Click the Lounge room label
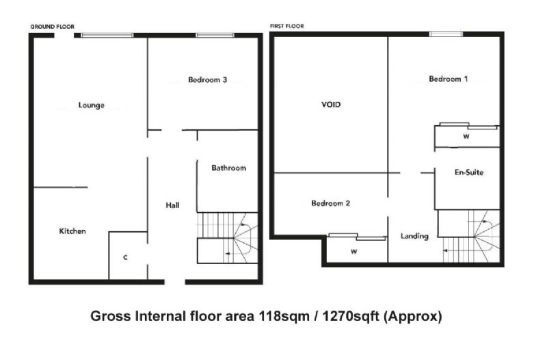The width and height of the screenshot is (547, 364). pyautogui.click(x=92, y=105)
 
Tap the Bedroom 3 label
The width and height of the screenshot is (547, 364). pyautogui.click(x=208, y=79)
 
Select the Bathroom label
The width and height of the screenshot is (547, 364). pyautogui.click(x=229, y=168)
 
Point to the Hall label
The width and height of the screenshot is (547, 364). pyautogui.click(x=173, y=205)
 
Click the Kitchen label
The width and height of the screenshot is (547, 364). pyautogui.click(x=72, y=231)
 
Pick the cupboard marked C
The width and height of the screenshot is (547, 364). pyautogui.click(x=125, y=257)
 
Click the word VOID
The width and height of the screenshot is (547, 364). pyautogui.click(x=331, y=105)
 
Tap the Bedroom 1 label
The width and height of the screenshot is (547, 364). pyautogui.click(x=449, y=79)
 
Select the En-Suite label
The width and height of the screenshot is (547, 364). pyautogui.click(x=469, y=172)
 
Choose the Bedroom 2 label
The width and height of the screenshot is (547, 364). pyautogui.click(x=331, y=203)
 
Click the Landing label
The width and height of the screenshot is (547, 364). pyautogui.click(x=414, y=236)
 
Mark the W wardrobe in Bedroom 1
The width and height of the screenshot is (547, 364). pyautogui.click(x=467, y=136)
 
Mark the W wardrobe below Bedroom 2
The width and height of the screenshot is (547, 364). pyautogui.click(x=354, y=251)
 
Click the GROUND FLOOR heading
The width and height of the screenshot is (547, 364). pyautogui.click(x=53, y=27)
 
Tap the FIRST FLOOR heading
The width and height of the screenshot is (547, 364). pyautogui.click(x=286, y=26)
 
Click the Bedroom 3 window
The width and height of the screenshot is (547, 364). pyautogui.click(x=215, y=35)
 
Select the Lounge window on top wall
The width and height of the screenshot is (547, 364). pyautogui.click(x=107, y=35)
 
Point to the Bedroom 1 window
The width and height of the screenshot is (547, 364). pyautogui.click(x=446, y=34)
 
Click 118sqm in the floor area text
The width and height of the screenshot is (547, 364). pyautogui.click(x=284, y=317)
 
